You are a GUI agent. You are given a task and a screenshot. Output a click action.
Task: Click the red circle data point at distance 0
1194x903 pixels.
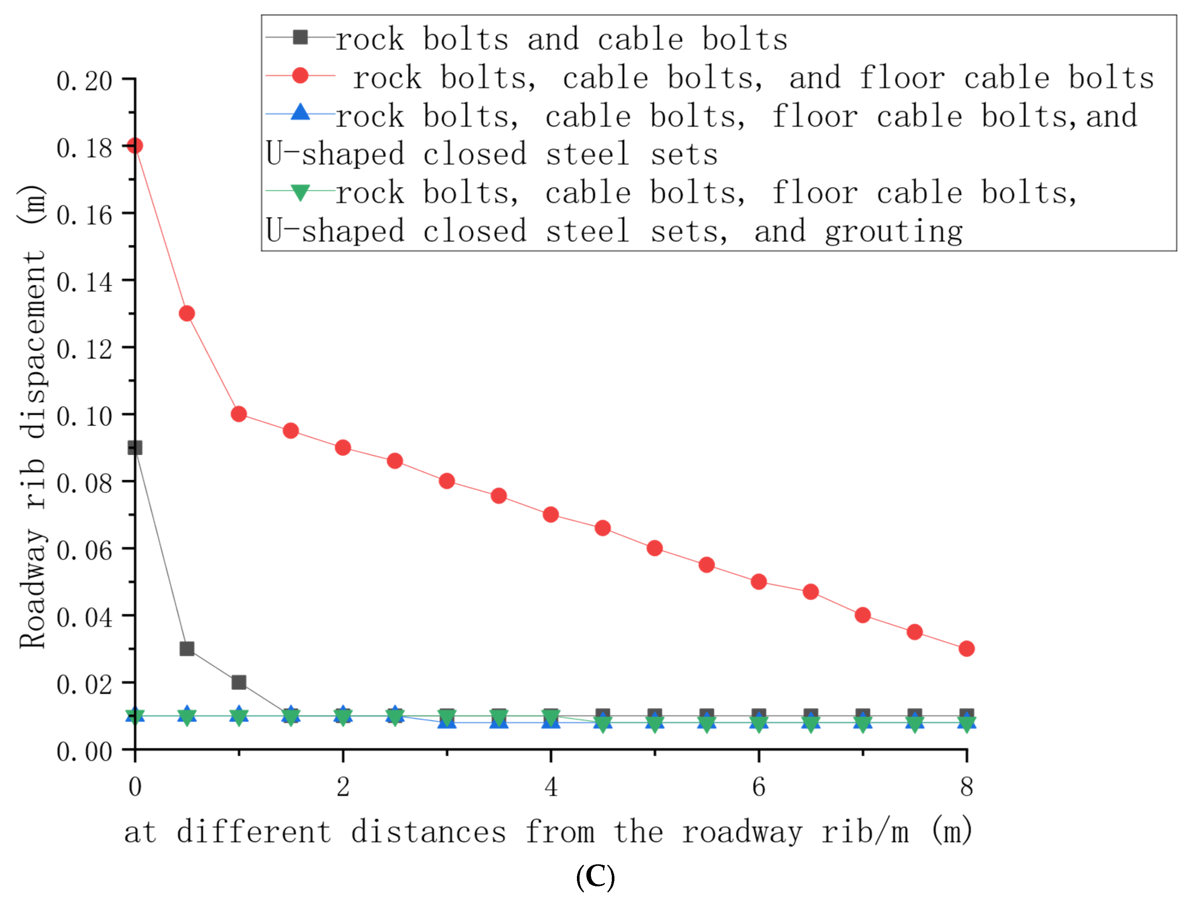135,146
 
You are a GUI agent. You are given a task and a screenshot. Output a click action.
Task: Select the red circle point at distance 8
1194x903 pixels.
966,649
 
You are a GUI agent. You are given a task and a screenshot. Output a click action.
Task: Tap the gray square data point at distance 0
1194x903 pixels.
135,448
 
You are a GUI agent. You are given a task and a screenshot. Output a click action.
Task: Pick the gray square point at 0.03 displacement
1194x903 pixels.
187,649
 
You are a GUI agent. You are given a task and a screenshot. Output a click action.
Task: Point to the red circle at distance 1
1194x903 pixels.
239,414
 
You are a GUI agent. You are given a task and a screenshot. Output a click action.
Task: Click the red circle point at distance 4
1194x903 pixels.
550,515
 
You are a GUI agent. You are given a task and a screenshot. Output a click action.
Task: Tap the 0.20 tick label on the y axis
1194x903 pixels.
84,81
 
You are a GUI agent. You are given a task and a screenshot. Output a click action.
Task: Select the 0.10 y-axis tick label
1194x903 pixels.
84,416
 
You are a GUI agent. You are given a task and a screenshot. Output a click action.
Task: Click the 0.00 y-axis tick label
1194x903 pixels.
84,752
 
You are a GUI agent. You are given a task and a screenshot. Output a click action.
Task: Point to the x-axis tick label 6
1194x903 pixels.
758,787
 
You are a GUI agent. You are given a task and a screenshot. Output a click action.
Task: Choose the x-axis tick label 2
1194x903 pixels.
343,787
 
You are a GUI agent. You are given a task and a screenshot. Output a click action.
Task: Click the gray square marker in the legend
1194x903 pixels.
300,37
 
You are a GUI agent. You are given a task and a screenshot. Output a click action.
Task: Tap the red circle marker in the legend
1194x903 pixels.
300,75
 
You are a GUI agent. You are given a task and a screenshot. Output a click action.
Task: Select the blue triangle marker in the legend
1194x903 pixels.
300,113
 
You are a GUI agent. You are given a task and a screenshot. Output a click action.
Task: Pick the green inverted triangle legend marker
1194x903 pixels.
300,192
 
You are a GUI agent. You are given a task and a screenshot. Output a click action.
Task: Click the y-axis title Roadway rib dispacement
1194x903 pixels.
32,416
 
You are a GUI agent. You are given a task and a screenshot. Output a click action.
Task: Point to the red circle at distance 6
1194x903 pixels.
758,582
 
